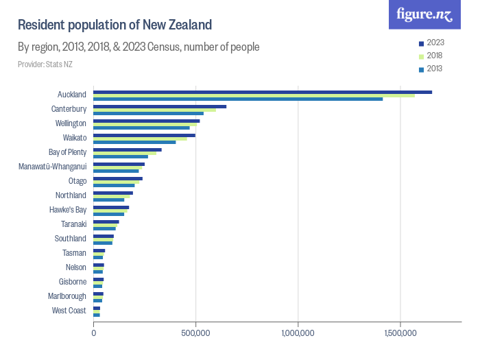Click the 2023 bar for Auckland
pos(263,92)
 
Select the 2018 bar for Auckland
pos(254,95)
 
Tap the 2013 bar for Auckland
pos(238,99)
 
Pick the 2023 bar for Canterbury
pos(160,106)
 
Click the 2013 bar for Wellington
pos(141,128)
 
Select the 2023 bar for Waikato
pos(144,135)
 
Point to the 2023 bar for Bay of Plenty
pos(128,149)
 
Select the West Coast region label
pos(69,311)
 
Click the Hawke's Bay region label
pos(68,210)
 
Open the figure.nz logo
pos(424,14)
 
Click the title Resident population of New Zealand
pos(115,25)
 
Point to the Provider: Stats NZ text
pos(45,64)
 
